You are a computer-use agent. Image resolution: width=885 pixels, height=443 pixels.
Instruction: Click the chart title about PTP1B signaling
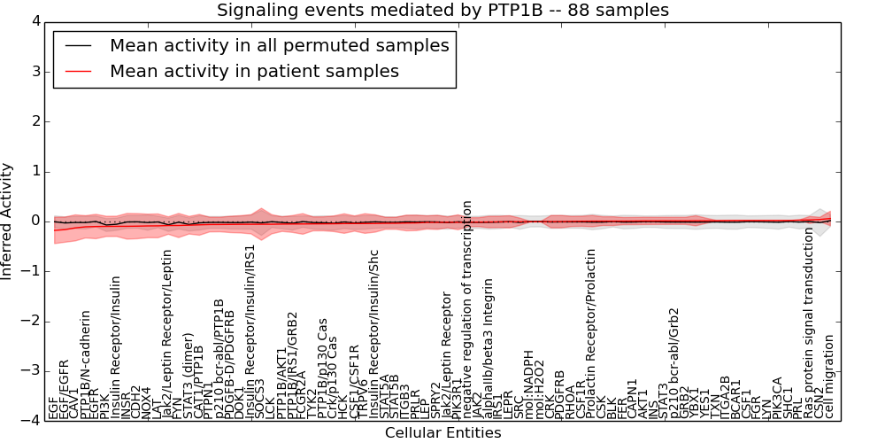tap(442, 10)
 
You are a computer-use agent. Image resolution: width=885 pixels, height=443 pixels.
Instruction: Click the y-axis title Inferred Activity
tap(8, 221)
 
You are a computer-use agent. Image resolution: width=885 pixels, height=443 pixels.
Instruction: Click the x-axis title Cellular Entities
tap(442, 433)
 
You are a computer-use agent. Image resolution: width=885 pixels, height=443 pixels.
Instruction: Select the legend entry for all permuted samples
tap(279, 45)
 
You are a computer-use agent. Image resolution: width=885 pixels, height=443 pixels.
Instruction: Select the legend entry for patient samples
tap(254, 71)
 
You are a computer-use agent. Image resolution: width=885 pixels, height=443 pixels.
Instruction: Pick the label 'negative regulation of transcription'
tap(467, 309)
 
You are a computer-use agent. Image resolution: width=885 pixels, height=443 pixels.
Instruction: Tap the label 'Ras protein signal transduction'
tap(808, 323)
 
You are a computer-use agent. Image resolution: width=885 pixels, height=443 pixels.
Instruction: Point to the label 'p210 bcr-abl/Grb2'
tap(674, 363)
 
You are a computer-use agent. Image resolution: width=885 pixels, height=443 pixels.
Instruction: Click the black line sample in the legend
tap(79, 45)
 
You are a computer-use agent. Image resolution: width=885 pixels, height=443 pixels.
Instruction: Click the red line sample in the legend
tap(79, 71)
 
